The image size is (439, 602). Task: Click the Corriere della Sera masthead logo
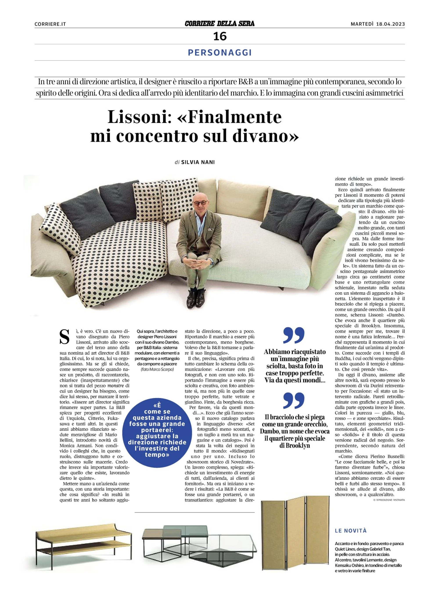[219, 24]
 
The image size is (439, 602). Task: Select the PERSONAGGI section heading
[219, 53]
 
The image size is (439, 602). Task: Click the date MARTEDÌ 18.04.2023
[378, 24]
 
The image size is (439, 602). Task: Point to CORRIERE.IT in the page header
[50, 24]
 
